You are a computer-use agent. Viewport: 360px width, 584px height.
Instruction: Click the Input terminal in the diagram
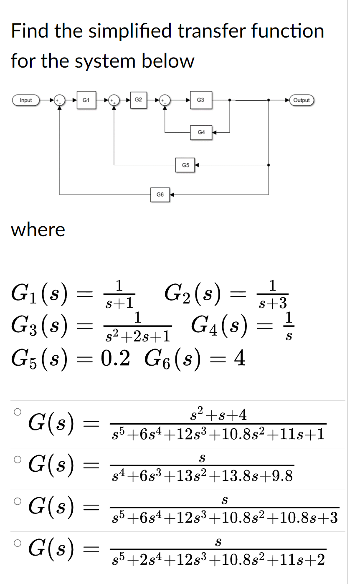pyautogui.click(x=26, y=100)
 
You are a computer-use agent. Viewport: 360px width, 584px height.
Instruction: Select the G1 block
pyautogui.click(x=85, y=100)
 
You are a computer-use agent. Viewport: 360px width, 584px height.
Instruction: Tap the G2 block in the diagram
pyautogui.click(x=139, y=100)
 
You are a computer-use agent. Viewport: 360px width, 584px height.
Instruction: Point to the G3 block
pyautogui.click(x=200, y=100)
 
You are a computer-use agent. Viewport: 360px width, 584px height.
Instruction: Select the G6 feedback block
pyautogui.click(x=160, y=195)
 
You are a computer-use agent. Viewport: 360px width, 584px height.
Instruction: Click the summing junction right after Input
pyautogui.click(x=60, y=100)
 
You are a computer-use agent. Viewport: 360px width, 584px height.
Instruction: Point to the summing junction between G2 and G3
pyautogui.click(x=166, y=100)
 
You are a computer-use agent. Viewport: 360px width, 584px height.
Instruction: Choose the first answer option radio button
pyautogui.click(x=17, y=412)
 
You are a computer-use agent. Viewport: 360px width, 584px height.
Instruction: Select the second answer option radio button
pyautogui.click(x=17, y=459)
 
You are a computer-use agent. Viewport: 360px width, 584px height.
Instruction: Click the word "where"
pyautogui.click(x=38, y=230)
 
